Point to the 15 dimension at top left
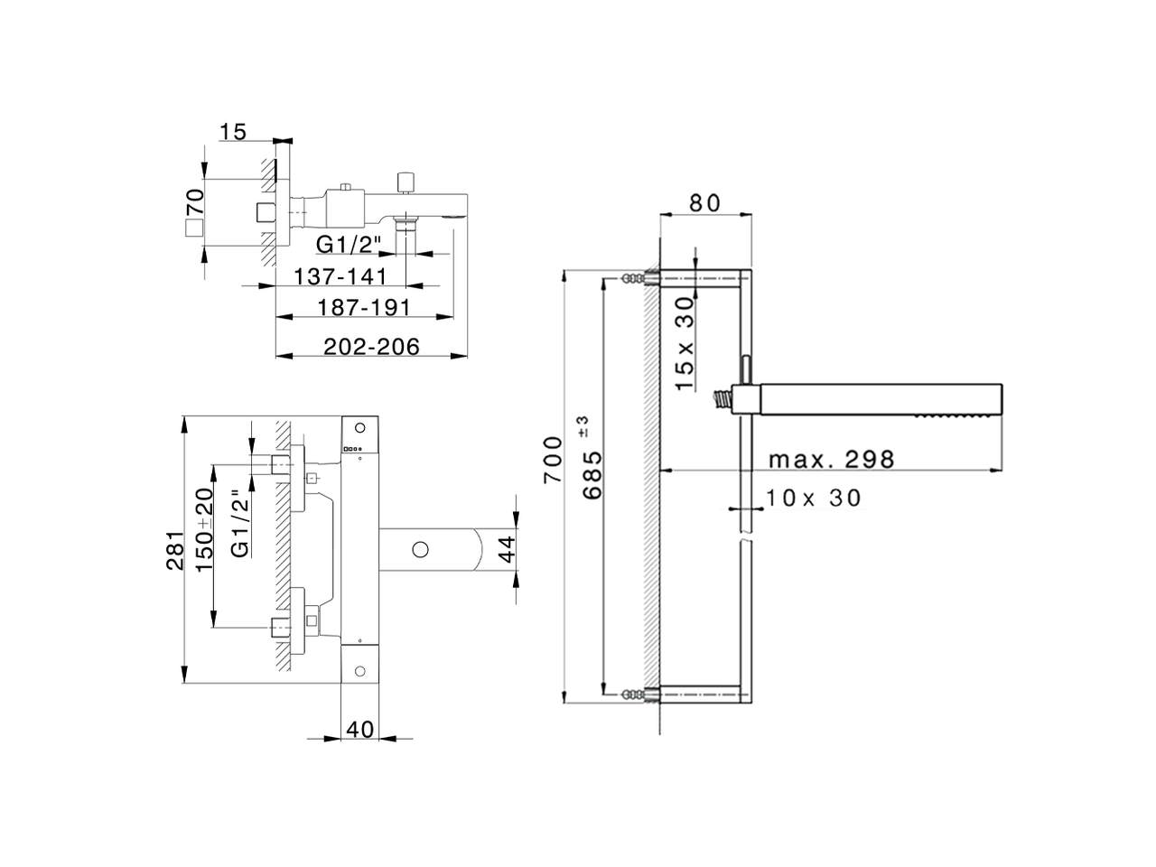point(233,132)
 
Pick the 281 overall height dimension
point(175,551)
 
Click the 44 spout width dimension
point(507,548)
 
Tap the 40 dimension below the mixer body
point(360,729)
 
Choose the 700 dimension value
point(554,461)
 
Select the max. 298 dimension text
point(831,460)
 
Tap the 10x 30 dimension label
point(814,498)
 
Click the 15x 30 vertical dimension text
point(685,343)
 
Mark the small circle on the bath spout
point(419,548)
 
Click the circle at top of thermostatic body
point(360,427)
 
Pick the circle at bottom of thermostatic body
point(360,671)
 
